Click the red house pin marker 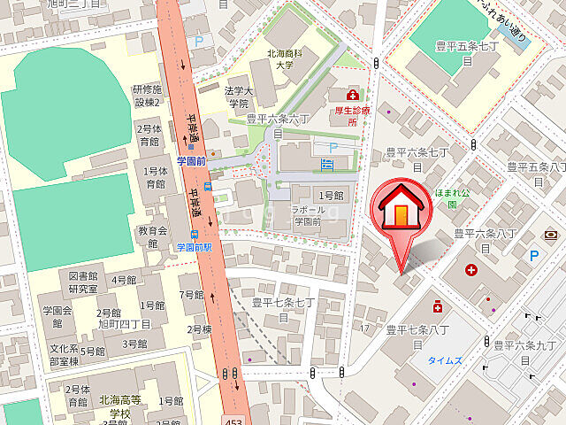[402, 213]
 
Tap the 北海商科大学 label [287, 60]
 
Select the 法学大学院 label [238, 97]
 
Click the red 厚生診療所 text [352, 118]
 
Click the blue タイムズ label [443, 360]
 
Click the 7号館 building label [191, 295]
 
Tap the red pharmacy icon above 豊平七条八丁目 [438, 307]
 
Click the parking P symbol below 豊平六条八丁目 [533, 255]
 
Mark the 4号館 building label [124, 281]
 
